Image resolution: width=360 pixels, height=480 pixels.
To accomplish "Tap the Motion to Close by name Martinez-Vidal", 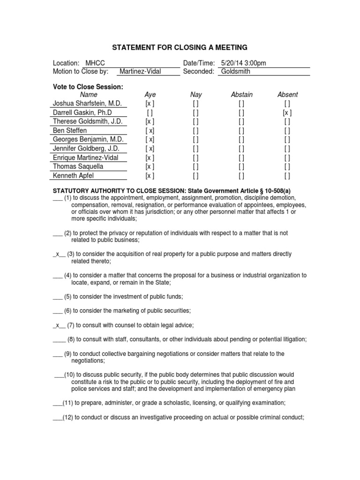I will tap(139, 71).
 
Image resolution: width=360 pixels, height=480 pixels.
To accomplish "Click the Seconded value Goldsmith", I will tap(236, 71).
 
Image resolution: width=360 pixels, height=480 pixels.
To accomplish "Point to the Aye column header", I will tap(150, 95).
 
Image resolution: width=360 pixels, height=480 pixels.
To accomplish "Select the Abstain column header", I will tap(241, 95).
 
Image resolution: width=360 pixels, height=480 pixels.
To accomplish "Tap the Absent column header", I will tap(287, 95).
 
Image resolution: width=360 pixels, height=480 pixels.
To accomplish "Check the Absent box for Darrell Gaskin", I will tap(287, 112).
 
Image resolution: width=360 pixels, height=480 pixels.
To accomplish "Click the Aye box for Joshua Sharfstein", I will tap(150, 103).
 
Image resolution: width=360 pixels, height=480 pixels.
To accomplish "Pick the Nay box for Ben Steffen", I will tap(195, 130).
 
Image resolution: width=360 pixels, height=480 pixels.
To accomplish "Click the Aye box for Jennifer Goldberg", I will tap(150, 149).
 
